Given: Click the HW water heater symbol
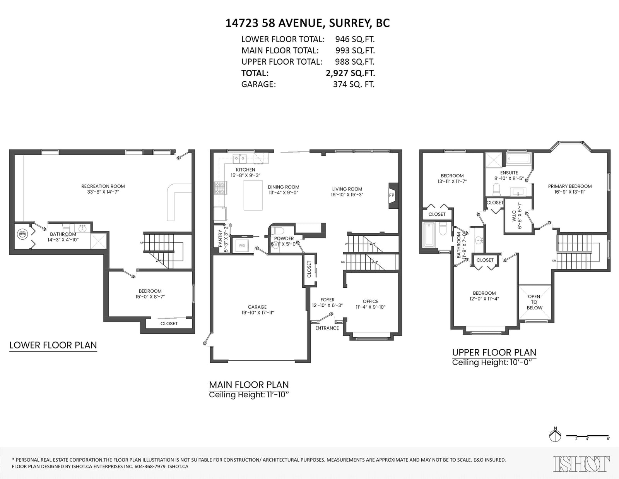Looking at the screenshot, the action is [x=22, y=234].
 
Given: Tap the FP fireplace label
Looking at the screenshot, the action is [x=392, y=195].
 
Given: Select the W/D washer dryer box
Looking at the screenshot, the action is [x=242, y=246].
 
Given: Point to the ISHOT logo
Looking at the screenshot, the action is [x=581, y=464].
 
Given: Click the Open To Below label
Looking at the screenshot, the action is [x=534, y=302].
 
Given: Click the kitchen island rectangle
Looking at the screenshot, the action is [x=253, y=195].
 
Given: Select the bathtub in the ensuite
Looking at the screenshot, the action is [x=518, y=159].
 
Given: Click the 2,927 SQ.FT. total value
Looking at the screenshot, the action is [x=351, y=73].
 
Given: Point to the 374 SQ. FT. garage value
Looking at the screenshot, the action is [x=354, y=84].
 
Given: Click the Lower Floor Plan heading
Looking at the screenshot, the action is [x=53, y=345].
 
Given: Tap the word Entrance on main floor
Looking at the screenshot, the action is [x=327, y=328].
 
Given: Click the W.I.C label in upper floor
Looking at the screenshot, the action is [x=514, y=216].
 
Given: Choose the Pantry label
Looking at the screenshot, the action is [x=220, y=239].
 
